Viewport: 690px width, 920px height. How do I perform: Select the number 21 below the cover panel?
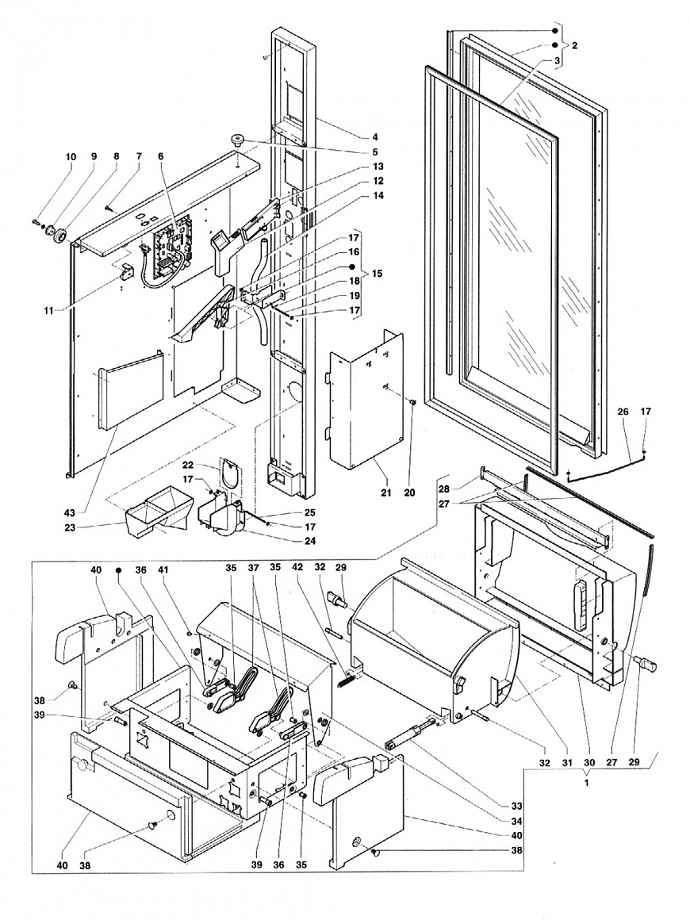point(385,493)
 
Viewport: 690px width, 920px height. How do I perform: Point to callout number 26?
point(623,412)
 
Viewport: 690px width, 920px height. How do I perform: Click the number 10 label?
point(71,157)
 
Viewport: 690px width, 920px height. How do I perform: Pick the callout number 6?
point(161,157)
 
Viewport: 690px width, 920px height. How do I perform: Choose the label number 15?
point(377,274)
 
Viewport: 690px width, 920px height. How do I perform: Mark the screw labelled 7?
point(109,206)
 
